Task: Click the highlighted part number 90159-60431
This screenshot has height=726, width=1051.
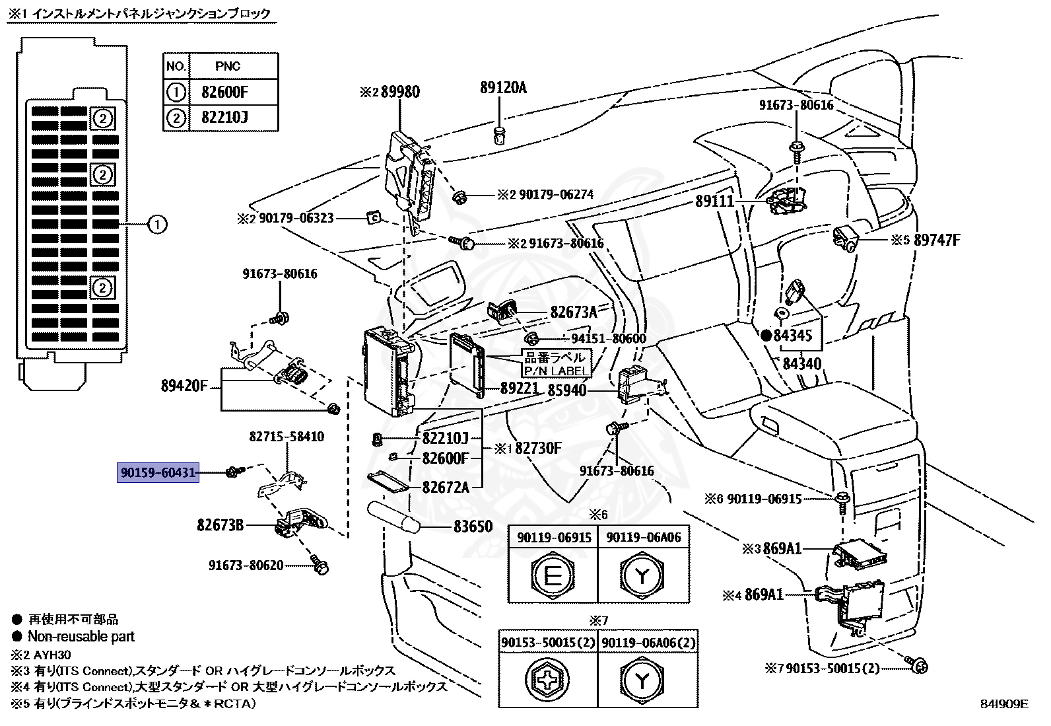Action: (158, 472)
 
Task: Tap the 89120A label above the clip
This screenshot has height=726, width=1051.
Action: (503, 87)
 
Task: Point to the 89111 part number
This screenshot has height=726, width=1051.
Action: (714, 201)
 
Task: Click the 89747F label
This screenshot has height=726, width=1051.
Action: (936, 240)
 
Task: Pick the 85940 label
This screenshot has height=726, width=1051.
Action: (567, 390)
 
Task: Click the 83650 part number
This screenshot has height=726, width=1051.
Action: (473, 526)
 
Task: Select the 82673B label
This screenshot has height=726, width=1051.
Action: (220, 525)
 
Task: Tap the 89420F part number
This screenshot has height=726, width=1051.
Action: (185, 385)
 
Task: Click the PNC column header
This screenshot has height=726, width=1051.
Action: (228, 66)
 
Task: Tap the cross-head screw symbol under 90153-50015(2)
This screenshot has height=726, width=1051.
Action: (547, 680)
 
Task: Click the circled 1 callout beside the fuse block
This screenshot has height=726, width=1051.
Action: (156, 225)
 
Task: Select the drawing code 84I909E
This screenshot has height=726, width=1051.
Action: (1003, 704)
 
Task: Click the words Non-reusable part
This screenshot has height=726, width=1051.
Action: (81, 637)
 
